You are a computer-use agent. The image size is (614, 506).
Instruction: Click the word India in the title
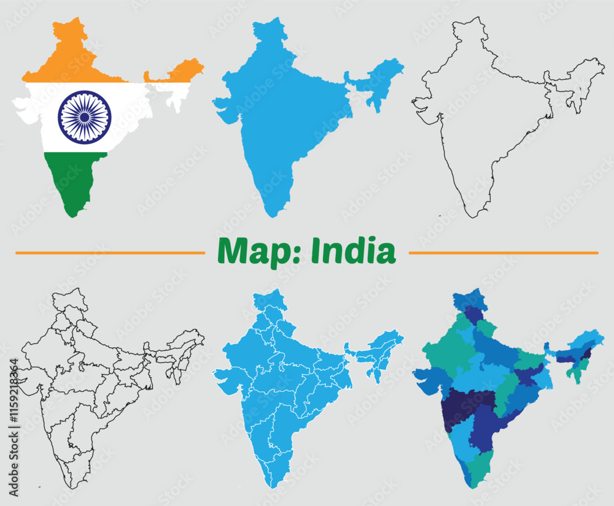click(352, 251)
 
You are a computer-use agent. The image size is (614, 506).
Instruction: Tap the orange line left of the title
click(111, 252)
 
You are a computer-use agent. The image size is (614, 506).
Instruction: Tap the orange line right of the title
click(503, 252)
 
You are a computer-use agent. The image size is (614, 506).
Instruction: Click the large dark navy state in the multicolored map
click(467, 405)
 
